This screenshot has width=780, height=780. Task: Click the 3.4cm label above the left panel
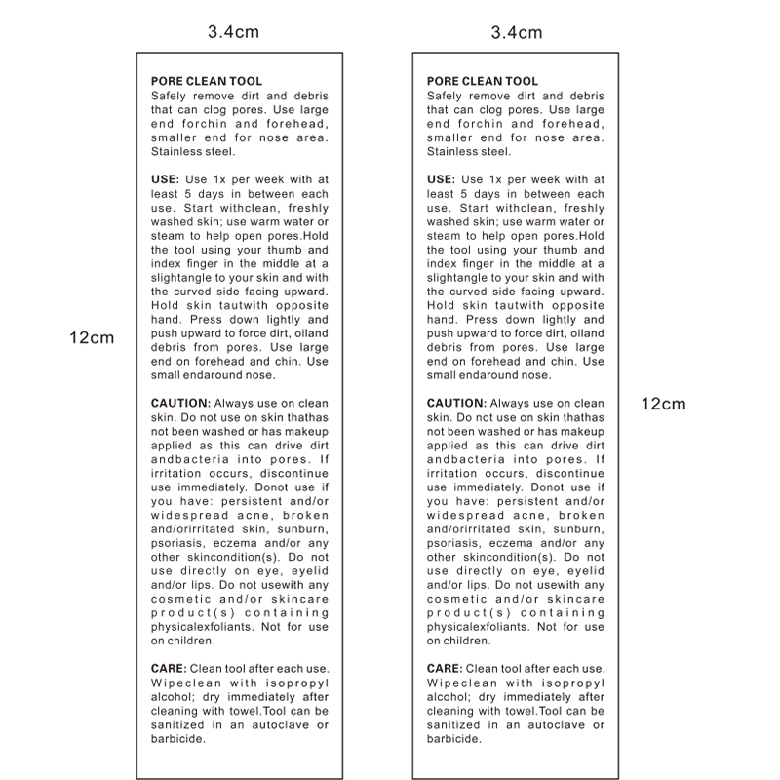tap(234, 31)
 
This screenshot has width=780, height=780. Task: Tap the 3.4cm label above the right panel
tap(516, 31)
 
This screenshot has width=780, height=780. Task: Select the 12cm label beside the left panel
tap(92, 338)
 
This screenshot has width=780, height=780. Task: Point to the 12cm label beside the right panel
tap(663, 403)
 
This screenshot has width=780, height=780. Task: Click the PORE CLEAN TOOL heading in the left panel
tap(207, 82)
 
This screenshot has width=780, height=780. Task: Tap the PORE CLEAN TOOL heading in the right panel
tap(483, 82)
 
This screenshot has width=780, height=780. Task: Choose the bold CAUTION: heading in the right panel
tap(455, 403)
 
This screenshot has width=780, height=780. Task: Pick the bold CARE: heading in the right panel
tap(444, 668)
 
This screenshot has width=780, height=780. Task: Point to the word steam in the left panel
tap(169, 235)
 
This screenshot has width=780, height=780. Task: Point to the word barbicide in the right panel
tap(454, 738)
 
